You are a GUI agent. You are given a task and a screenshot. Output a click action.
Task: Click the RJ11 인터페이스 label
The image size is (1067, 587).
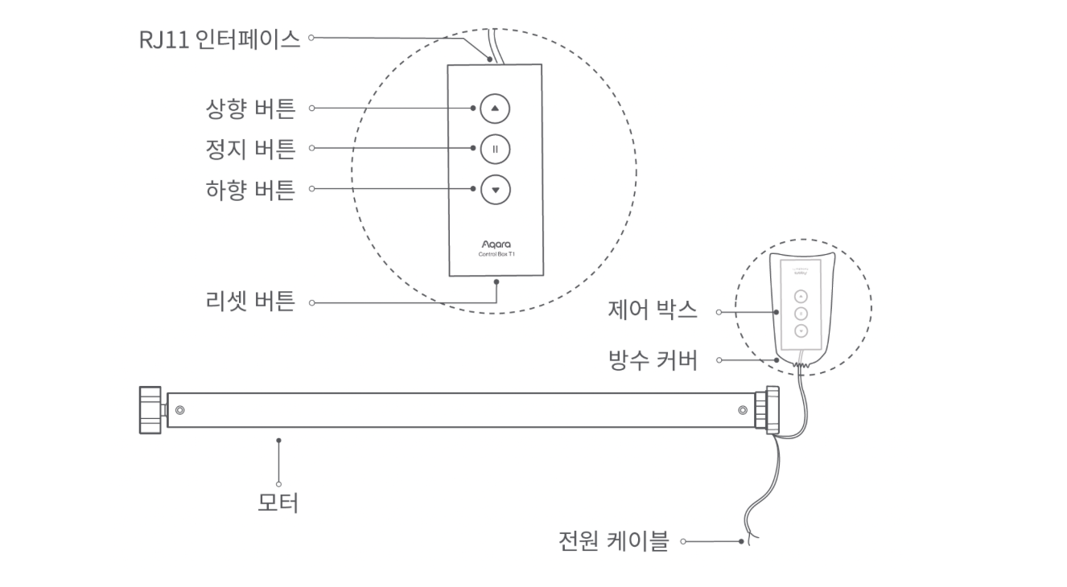click(x=219, y=39)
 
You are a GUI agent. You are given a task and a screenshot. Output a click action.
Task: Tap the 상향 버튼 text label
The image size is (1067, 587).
click(x=250, y=108)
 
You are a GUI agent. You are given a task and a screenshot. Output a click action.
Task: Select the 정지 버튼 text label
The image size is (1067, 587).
click(x=250, y=149)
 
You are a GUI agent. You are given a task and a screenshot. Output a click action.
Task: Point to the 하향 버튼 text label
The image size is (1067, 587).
click(x=250, y=190)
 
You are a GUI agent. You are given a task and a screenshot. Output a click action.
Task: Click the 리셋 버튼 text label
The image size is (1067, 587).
click(x=250, y=302)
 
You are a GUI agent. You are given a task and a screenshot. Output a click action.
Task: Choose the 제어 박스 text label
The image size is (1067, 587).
click(x=653, y=310)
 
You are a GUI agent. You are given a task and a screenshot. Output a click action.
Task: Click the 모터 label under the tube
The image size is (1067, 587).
click(x=278, y=504)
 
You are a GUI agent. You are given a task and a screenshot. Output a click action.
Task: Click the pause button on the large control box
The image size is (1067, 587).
click(x=495, y=149)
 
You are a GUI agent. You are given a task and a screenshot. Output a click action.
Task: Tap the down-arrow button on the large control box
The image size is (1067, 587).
click(x=495, y=190)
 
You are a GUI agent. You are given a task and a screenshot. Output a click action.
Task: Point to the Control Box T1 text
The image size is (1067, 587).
click(x=496, y=254)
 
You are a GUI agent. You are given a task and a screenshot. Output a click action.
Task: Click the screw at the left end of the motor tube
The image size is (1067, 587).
click(x=179, y=410)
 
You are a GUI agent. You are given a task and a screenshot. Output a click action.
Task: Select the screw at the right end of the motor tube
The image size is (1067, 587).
click(x=742, y=410)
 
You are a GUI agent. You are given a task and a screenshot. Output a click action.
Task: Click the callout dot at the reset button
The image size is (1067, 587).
click(x=496, y=282)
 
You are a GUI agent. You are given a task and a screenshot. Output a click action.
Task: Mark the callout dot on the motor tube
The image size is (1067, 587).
click(x=278, y=440)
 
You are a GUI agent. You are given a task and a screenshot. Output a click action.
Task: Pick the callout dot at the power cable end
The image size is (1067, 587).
click(x=741, y=541)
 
